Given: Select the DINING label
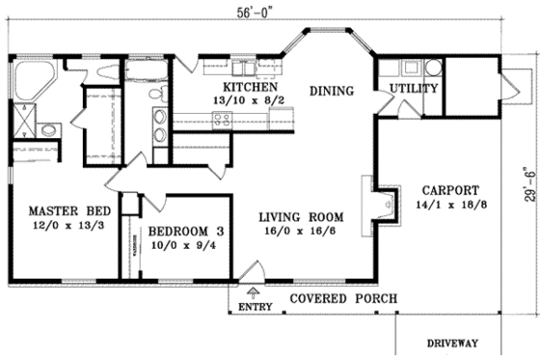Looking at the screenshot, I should (x=331, y=92).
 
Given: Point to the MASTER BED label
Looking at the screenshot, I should (x=67, y=210).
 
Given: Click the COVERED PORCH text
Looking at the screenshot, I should (x=343, y=298).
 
